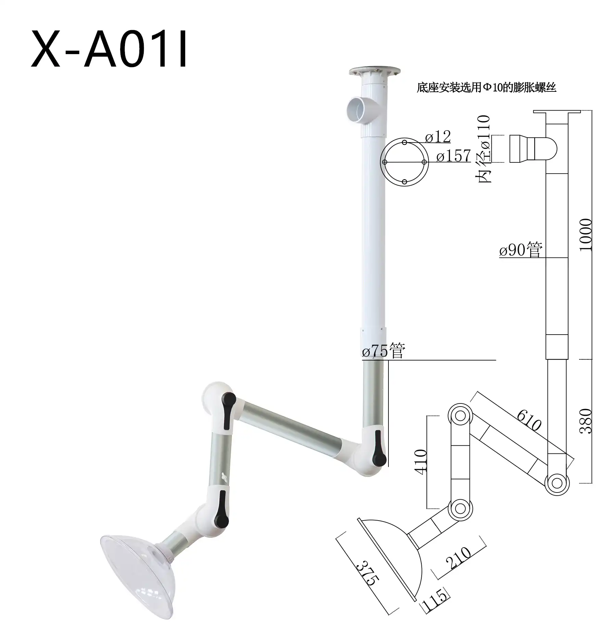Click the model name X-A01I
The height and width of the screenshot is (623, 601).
click(x=110, y=49)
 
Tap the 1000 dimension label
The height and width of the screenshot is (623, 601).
click(x=586, y=235)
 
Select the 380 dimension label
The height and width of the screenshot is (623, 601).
click(x=586, y=421)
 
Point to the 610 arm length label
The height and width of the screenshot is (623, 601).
click(x=529, y=420)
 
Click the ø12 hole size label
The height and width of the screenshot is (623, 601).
click(x=438, y=137)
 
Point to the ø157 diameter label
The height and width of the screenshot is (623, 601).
click(x=453, y=156)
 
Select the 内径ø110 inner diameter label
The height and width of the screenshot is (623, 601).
click(x=485, y=149)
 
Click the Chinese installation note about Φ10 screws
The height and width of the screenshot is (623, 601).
click(x=486, y=88)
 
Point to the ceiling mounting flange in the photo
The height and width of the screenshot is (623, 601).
click(x=374, y=72)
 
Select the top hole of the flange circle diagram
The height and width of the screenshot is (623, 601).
click(x=405, y=142)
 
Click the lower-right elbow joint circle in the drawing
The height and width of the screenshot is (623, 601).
click(x=557, y=483)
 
